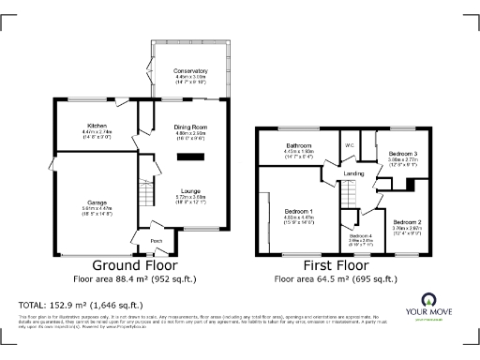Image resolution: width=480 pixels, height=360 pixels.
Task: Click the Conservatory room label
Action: [189, 70]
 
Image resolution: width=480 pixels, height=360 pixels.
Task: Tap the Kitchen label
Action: [96, 126]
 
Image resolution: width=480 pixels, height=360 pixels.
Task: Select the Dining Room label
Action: [190, 127]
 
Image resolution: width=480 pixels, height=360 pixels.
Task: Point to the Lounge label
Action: [190, 190]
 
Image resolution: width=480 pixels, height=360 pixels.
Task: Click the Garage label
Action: [97, 202]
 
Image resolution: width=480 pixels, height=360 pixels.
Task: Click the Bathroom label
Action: [299, 146]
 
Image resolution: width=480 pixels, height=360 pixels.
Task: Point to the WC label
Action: [348, 145]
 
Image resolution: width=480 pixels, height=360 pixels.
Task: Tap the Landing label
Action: [353, 173]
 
